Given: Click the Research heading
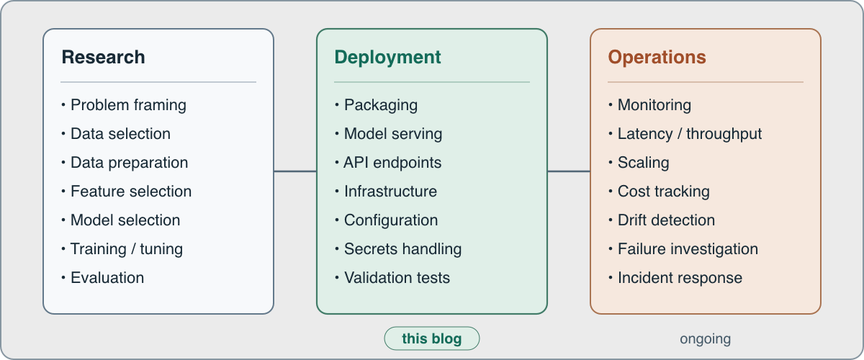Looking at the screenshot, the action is pos(104,57).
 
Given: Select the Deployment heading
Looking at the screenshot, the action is pos(387,58).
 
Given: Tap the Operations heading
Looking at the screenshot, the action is pos(657,58).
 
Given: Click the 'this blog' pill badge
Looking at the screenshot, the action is pos(431,338).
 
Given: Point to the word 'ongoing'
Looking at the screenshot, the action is pos(705,339).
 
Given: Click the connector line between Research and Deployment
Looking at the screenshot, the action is pos(295,171).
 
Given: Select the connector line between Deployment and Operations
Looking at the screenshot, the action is pos(569,171).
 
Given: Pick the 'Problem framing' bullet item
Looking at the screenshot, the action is pos(124,105).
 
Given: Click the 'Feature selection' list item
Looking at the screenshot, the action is pos(127,192).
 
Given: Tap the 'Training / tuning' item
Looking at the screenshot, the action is pos(122,249).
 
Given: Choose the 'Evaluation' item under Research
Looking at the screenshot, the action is pos(102,278).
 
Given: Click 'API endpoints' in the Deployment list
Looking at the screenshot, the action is pos(388,163).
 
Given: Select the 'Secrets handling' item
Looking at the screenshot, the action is pos(398,249).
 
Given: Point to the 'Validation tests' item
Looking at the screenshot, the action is pos(392,278).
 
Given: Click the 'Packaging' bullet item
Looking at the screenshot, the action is pos(376,105).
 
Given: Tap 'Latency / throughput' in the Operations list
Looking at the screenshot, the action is pos(685,134).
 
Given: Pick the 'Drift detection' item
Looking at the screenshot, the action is pos(662,220).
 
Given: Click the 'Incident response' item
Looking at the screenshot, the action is pos(675,278).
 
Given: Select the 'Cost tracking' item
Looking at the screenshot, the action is pos(659,192).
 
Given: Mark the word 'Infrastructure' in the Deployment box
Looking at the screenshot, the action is pos(390,192).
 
